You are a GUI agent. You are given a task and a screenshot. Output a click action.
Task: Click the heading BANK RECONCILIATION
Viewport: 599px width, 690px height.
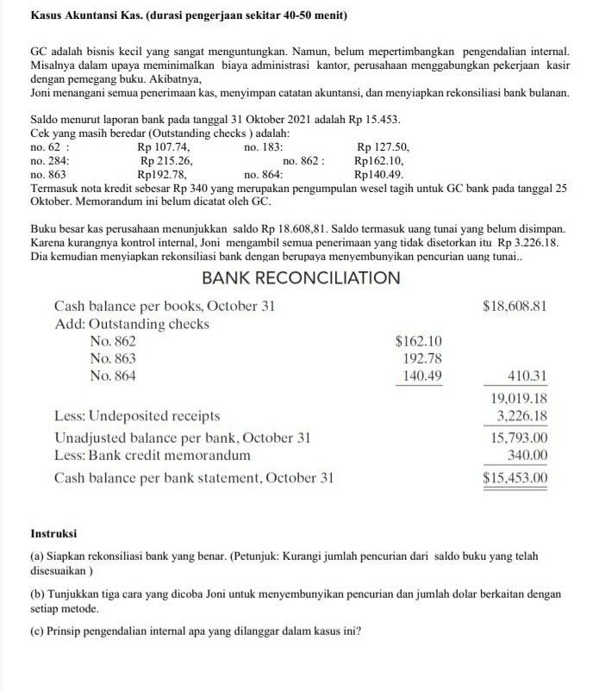pyautogui.click(x=300, y=278)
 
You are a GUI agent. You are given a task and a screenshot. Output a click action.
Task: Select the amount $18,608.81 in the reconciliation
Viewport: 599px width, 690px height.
pyautogui.click(x=515, y=307)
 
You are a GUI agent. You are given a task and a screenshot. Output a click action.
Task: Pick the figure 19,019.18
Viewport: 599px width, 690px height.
pyautogui.click(x=518, y=399)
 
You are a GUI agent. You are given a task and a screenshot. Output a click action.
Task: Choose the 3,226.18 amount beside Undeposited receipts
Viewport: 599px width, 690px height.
pyautogui.click(x=520, y=416)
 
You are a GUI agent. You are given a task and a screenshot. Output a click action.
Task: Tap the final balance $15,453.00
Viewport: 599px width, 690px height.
pyautogui.click(x=515, y=477)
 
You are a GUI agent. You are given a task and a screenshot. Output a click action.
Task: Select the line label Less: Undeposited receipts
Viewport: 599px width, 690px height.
pyautogui.click(x=137, y=416)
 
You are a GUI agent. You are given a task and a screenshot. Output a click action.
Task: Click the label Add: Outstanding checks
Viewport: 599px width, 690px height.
pyautogui.click(x=131, y=324)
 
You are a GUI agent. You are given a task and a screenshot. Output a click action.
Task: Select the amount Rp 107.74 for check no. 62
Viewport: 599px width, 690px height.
pyautogui.click(x=164, y=147)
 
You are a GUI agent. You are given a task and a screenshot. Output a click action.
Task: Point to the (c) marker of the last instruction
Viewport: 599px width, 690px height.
pyautogui.click(x=37, y=630)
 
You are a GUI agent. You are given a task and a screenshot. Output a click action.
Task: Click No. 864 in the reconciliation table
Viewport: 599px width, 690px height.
pyautogui.click(x=112, y=376)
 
